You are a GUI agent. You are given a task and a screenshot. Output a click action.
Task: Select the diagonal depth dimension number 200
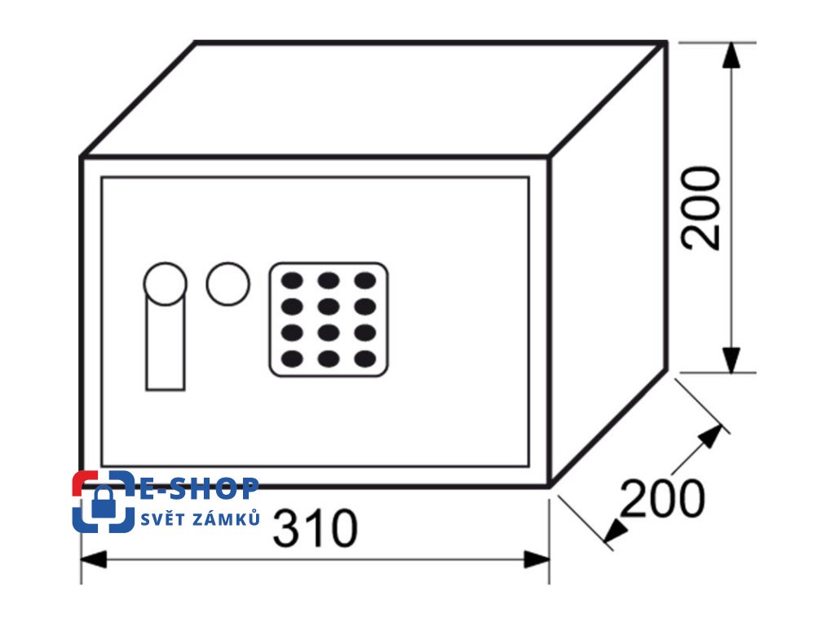click(662, 498)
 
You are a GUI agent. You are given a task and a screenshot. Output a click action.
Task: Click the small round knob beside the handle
click(227, 284)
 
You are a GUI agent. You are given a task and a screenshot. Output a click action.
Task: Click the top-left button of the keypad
click(292, 281)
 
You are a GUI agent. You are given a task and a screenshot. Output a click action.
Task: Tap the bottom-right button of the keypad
click(365, 358)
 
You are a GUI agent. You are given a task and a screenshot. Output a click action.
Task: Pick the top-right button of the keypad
click(365, 281)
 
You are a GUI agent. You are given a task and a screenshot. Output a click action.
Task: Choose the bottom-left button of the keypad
click(292, 358)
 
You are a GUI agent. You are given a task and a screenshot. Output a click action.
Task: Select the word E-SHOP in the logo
click(200, 489)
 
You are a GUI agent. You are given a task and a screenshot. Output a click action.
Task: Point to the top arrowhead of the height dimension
click(732, 55)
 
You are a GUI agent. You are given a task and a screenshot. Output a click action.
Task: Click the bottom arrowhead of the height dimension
click(732, 359)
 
